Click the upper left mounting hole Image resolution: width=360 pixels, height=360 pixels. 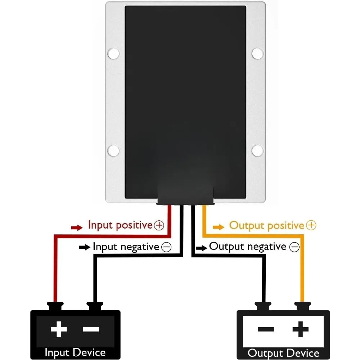pyautogui.click(x=113, y=53)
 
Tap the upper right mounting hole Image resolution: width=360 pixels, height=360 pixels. pyautogui.click(x=257, y=53)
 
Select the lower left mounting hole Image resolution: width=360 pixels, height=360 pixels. pyautogui.click(x=113, y=150)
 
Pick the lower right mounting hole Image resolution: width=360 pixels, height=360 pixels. pyautogui.click(x=257, y=150)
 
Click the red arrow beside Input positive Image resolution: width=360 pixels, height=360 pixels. pyautogui.click(x=77, y=228)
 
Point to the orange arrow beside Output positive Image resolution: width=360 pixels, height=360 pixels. pyautogui.click(x=219, y=227)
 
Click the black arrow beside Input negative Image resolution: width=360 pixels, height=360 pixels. pyautogui.click(x=85, y=247)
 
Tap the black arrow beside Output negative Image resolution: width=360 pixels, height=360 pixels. pyautogui.click(x=201, y=248)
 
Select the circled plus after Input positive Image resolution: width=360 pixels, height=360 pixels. pyautogui.click(x=159, y=225)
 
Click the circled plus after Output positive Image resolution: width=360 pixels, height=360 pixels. pyautogui.click(x=311, y=225)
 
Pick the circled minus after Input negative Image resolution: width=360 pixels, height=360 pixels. pyautogui.click(x=166, y=247)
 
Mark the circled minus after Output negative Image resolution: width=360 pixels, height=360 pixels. pyautogui.click(x=294, y=247)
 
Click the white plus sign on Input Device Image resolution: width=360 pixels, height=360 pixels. pyautogui.click(x=59, y=329)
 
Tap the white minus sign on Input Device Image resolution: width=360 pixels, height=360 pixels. pyautogui.click(x=91, y=329)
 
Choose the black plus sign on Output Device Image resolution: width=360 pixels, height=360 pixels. pyautogui.click(x=301, y=329)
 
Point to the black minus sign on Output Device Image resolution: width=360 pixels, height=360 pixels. pyautogui.click(x=266, y=329)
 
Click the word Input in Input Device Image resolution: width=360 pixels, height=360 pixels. pyautogui.click(x=57, y=353)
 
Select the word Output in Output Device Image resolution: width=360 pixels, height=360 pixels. pyautogui.click(x=265, y=354)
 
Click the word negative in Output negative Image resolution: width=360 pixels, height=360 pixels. pyautogui.click(x=267, y=247)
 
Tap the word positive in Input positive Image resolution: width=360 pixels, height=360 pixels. pyautogui.click(x=134, y=225)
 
